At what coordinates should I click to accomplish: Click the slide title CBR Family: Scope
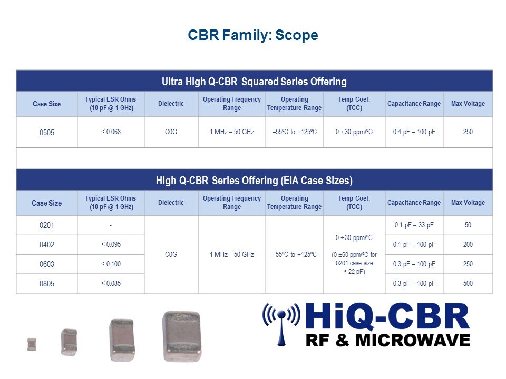tap(252, 35)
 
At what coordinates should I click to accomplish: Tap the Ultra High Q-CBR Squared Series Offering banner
tap(254, 82)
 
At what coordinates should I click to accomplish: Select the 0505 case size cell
tap(47, 133)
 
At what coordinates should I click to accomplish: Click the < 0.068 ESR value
tap(111, 132)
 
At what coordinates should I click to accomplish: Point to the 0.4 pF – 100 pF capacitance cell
tap(414, 132)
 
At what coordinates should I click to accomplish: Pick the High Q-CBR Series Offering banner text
tap(254, 181)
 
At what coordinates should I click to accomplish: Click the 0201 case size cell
tap(47, 225)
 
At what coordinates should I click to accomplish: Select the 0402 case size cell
tap(47, 245)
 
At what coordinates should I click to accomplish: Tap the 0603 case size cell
tap(47, 264)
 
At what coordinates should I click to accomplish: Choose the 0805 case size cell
tap(47, 284)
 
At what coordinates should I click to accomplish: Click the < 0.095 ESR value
tap(111, 245)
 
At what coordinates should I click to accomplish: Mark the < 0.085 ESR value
tap(111, 283)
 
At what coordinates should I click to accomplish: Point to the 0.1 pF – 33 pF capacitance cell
tap(414, 225)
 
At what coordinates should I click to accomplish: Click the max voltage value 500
tap(468, 283)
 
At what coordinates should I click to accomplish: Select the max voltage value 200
tap(468, 244)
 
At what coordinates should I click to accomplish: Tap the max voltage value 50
tap(468, 225)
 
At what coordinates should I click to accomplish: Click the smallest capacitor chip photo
tap(32, 344)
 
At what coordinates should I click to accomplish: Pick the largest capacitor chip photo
tap(182, 336)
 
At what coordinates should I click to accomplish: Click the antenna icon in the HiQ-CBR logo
tap(281, 324)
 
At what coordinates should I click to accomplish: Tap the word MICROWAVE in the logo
tap(413, 341)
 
